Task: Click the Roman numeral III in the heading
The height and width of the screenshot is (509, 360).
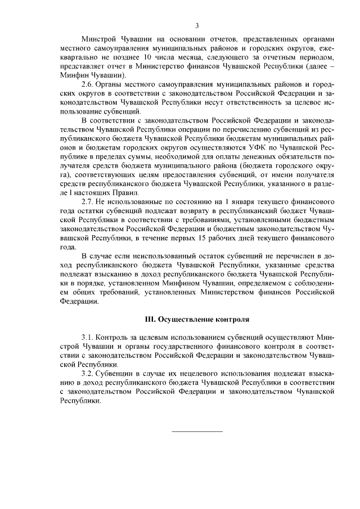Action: (x=150, y=319)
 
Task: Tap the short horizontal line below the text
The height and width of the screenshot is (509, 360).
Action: (x=197, y=431)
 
